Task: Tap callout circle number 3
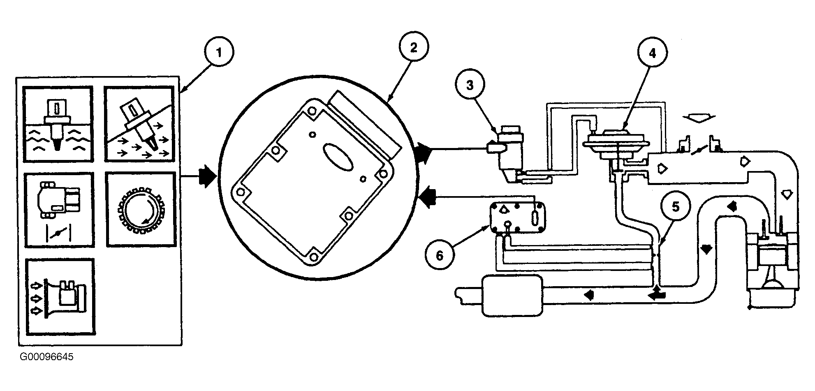point(470,85)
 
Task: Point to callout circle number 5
point(676,207)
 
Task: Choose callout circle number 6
point(440,256)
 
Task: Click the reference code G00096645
point(46,357)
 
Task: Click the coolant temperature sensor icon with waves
point(58,124)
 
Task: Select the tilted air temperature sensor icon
point(139,124)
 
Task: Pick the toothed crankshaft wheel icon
point(141,209)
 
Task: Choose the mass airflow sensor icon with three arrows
point(60,296)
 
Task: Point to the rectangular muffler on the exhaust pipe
point(512,296)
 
